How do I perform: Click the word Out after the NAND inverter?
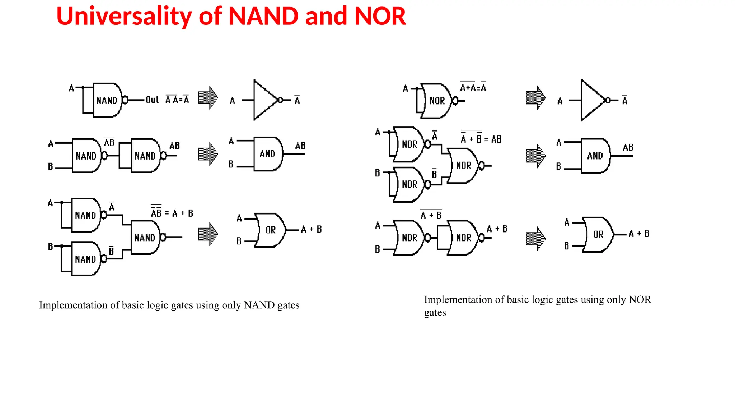pos(152,100)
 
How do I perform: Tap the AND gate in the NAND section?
pos(268,154)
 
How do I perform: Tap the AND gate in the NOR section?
pos(595,156)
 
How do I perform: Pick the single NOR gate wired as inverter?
pos(436,101)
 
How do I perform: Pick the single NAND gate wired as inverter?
pos(107,100)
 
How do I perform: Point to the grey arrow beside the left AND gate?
pos(208,154)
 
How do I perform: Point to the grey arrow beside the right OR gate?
pos(535,239)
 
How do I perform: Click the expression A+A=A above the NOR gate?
pos(473,87)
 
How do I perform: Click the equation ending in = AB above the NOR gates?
pos(481,139)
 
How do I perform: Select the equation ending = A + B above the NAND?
pos(172,213)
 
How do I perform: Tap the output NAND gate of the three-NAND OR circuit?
pos(145,238)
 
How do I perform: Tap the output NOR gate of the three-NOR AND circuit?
pos(463,166)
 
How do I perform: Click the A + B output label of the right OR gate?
pos(639,234)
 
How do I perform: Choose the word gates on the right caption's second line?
pos(435,313)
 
